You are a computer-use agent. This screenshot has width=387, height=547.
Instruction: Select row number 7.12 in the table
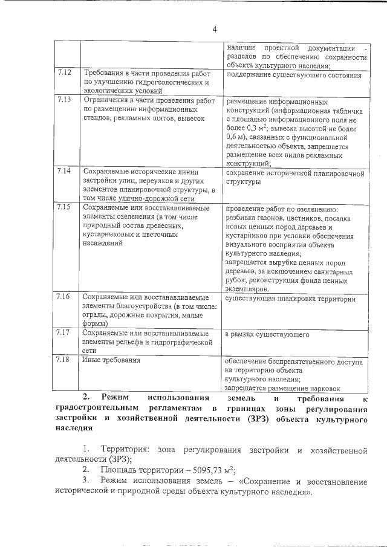click(x=65, y=73)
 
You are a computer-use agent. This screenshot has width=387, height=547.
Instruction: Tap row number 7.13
click(x=65, y=99)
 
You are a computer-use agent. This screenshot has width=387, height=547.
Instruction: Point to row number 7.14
click(x=65, y=171)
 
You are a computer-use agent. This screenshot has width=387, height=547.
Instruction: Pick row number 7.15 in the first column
click(x=65, y=207)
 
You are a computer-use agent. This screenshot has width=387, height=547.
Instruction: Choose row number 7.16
click(x=65, y=296)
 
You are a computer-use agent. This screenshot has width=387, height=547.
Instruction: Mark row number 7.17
click(x=65, y=332)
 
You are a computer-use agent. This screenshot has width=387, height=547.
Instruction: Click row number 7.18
click(x=65, y=360)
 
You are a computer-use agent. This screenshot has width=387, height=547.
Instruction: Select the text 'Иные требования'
click(x=112, y=360)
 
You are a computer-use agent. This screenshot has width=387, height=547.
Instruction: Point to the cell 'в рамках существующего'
click(x=267, y=334)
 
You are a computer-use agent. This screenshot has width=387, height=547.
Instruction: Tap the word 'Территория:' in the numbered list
click(x=126, y=450)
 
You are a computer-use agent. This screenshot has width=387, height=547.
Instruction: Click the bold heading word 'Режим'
click(x=115, y=397)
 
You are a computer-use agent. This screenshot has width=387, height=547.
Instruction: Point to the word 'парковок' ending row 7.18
click(x=324, y=388)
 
